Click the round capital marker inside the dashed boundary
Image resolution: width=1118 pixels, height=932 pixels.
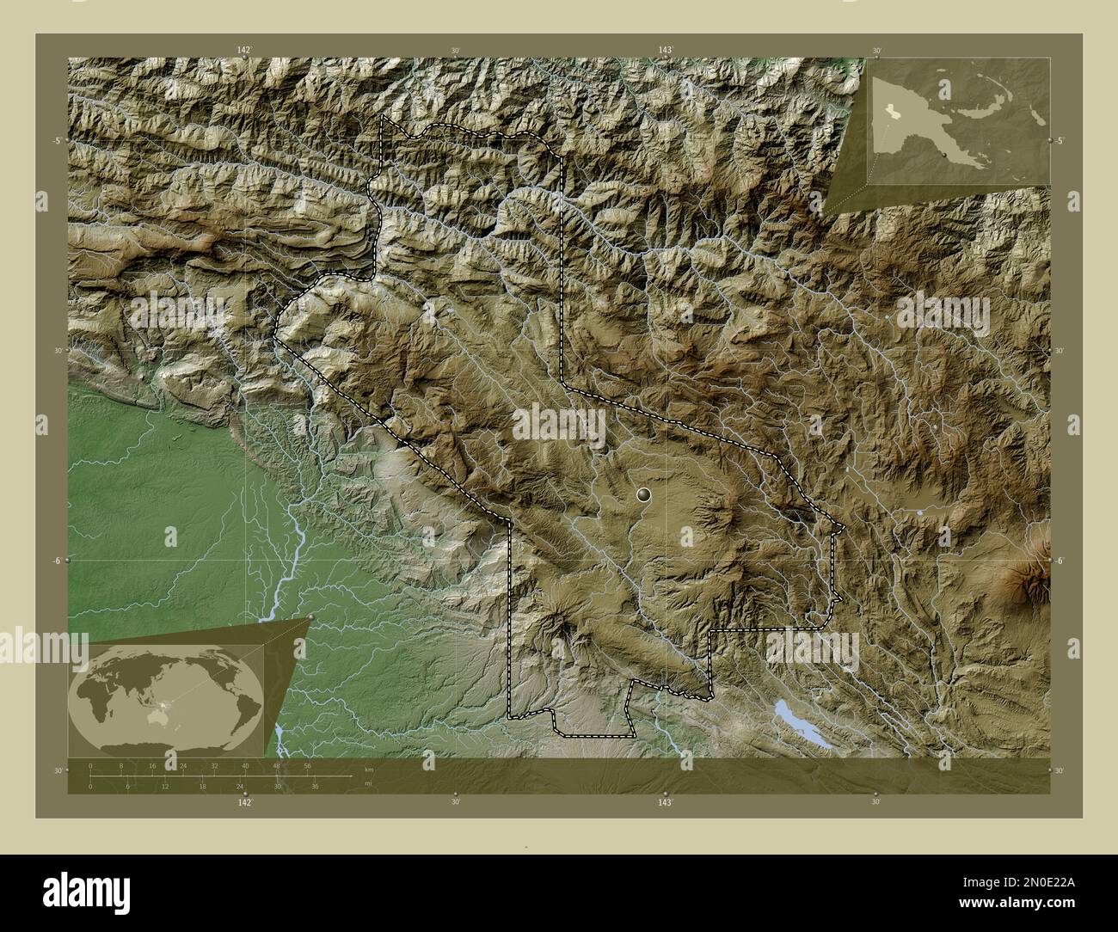[644, 494]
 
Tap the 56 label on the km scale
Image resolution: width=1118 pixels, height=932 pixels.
[307, 765]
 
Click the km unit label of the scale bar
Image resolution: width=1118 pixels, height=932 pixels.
[369, 769]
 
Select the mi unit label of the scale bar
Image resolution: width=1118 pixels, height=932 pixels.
[367, 784]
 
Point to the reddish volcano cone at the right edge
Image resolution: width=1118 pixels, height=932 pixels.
[1037, 572]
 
